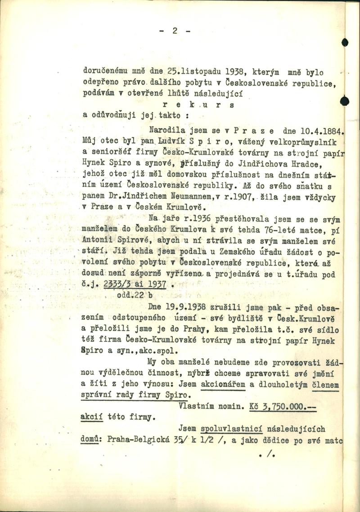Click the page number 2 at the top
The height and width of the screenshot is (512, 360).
tap(175, 31)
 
